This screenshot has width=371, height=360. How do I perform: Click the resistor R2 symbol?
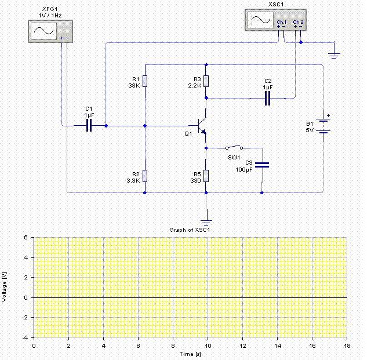145,176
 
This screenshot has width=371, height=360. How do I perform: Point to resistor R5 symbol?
206,176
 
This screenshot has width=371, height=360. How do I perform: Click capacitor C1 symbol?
89,125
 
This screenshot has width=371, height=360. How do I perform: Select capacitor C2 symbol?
267,99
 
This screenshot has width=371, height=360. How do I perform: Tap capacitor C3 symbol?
262,164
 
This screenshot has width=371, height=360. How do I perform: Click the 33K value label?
134,85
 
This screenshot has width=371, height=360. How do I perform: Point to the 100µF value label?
245,169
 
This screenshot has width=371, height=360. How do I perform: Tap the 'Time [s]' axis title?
190,353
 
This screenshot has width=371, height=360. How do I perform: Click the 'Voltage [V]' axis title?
5,287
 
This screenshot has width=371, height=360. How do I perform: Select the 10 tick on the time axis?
208,345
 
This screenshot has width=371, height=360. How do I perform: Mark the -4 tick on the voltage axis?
26,337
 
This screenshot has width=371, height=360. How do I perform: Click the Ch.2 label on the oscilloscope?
298,22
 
